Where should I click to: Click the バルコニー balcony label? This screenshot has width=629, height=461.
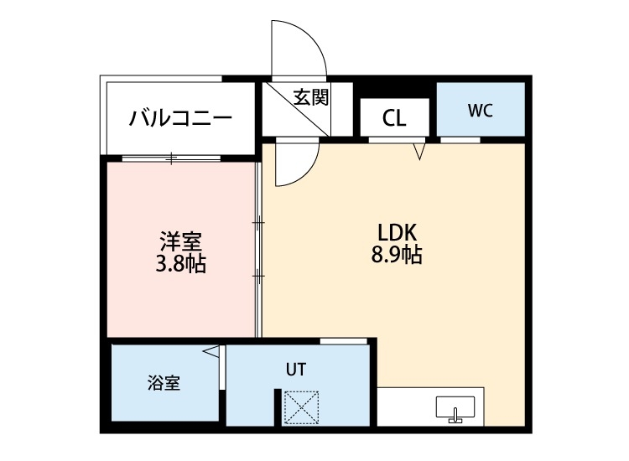click(180, 118)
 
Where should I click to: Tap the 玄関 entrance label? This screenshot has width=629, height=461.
click(310, 97)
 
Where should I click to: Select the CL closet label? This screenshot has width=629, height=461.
click(393, 118)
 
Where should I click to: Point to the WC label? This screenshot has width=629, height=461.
click(481, 110)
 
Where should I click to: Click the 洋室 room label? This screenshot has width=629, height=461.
click(180, 242)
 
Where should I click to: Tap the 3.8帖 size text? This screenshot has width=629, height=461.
click(180, 266)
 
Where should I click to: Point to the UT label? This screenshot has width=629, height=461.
click(295, 368)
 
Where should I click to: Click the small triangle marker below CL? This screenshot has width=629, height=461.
click(420, 151)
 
